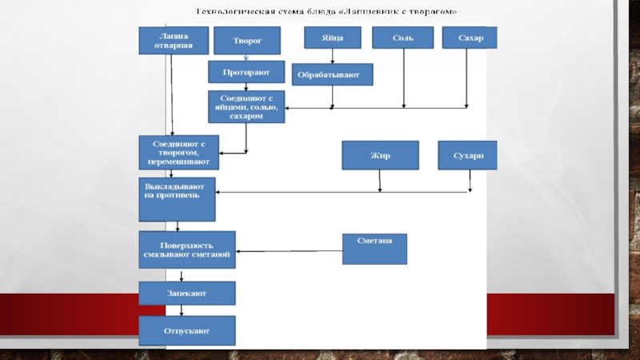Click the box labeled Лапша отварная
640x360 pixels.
pyautogui.click(x=173, y=40)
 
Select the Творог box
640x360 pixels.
pyautogui.click(x=246, y=40)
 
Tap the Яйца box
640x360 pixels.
pyautogui.click(x=334, y=38)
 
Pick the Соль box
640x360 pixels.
pyautogui.click(x=402, y=38)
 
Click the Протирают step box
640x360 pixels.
pyautogui.click(x=246, y=72)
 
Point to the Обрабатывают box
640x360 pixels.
pyautogui.click(x=331, y=74)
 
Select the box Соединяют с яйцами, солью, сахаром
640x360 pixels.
pyautogui.click(x=246, y=106)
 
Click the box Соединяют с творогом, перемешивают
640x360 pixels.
pyautogui.click(x=178, y=151)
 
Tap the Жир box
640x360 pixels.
pyautogui.click(x=380, y=155)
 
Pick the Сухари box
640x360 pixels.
pyautogui.click(x=467, y=155)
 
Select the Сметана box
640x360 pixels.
pyautogui.click(x=374, y=249)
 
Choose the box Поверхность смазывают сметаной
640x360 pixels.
pyautogui.click(x=186, y=250)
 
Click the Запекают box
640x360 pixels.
pyautogui.click(x=187, y=294)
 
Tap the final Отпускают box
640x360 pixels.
pyautogui.click(x=187, y=330)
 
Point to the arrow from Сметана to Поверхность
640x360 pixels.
pyautogui.click(x=288, y=253)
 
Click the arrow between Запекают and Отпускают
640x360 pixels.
pyautogui.click(x=182, y=310)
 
